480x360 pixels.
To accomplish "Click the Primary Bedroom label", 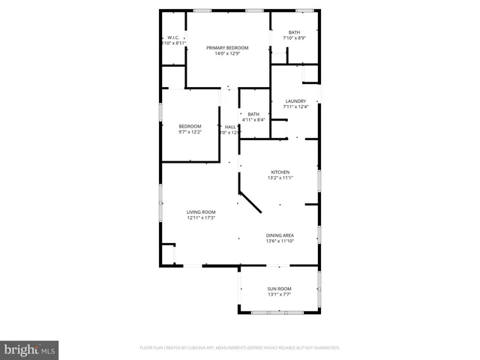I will [x=227, y=47].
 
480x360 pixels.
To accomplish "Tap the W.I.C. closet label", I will [x=172, y=37].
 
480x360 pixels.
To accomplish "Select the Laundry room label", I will [x=295, y=100].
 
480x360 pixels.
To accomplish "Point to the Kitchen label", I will [x=280, y=172].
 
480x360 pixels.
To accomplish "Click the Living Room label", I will [x=201, y=212].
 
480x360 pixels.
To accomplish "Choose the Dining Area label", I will [x=280, y=235].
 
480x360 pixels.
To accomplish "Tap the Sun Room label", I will [x=280, y=289].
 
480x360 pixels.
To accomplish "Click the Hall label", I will [x=231, y=127].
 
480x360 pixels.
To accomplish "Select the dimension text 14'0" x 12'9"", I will [x=227, y=53].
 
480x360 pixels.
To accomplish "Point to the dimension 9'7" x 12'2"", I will [x=190, y=132].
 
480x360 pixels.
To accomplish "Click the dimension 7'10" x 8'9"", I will [x=294, y=37].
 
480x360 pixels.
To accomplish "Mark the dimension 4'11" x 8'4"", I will [x=253, y=120].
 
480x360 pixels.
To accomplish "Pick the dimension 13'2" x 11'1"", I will [x=280, y=178].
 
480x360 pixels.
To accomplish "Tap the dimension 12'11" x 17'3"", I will [x=201, y=218].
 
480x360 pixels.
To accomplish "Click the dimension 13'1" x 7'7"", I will [x=280, y=295].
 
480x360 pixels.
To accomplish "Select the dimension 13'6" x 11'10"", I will [x=280, y=241].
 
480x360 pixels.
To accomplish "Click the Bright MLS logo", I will [x=29, y=349].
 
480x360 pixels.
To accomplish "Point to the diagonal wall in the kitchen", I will [x=250, y=202].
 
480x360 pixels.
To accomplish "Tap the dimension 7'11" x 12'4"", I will [x=295, y=106].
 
